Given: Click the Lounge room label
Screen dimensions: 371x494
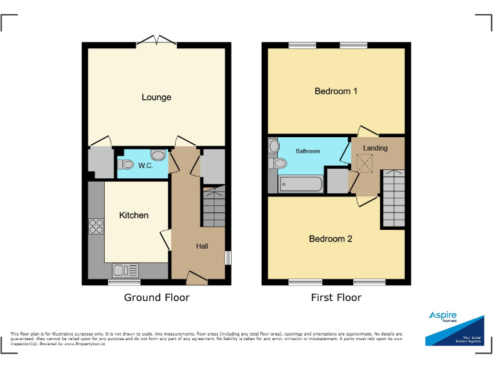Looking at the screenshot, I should [156, 97].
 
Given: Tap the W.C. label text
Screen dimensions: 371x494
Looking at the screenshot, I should [145, 166].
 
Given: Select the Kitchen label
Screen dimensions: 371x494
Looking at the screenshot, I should [134, 215].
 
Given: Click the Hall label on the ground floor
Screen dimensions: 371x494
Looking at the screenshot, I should [202, 246].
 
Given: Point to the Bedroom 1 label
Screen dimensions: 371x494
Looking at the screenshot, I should [336, 91].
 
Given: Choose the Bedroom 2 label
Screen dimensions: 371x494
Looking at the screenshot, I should [331, 238].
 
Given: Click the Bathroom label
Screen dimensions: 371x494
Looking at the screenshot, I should [307, 151].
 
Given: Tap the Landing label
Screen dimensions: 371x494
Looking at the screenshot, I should [375, 148].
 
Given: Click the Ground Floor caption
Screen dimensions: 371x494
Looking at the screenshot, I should [156, 298].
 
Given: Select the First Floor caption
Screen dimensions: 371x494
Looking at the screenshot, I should [336, 298].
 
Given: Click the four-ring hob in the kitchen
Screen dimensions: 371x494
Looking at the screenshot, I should [96, 226].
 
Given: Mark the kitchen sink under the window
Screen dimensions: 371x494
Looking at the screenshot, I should [125, 271].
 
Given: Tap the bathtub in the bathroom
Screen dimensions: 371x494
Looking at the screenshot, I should [300, 184].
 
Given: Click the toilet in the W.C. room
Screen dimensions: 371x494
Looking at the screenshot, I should [125, 164].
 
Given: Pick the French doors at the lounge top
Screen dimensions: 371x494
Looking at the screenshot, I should [158, 41].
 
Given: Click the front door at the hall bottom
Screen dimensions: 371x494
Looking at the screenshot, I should [196, 278].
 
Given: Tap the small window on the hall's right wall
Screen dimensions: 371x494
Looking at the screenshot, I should [228, 258].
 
